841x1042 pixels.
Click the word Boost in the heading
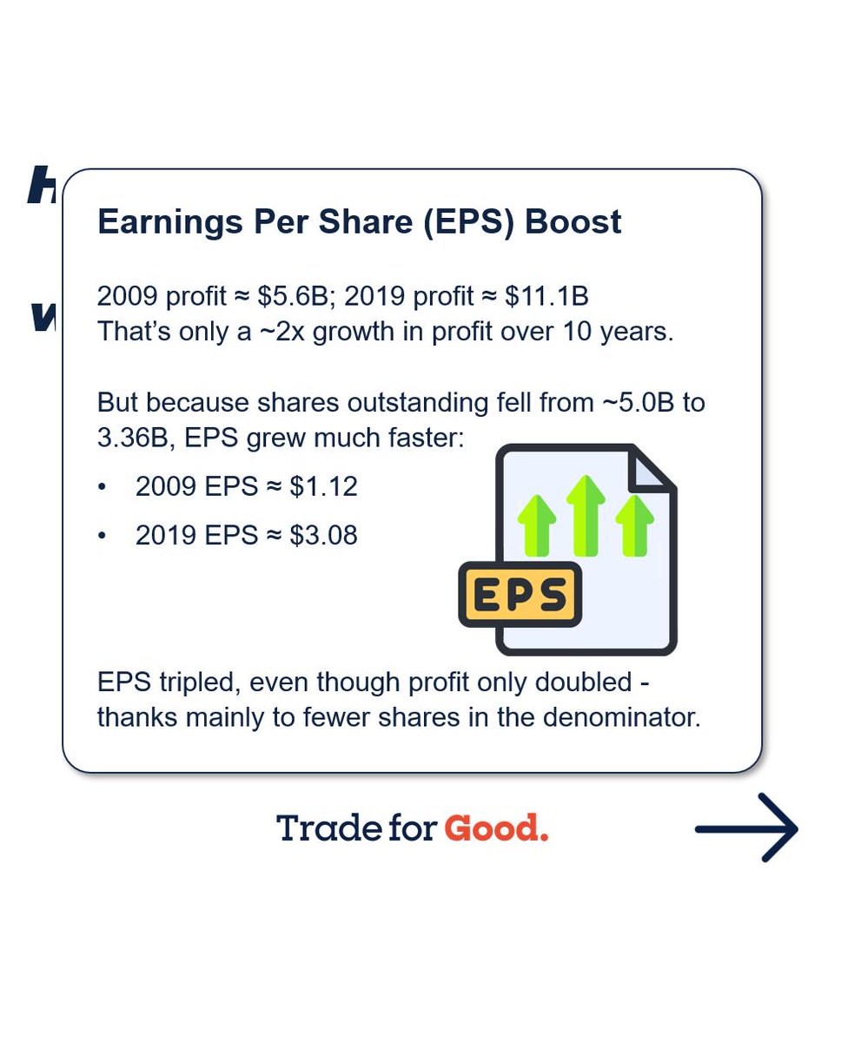coord(573,221)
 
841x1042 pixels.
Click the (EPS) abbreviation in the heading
coord(473,221)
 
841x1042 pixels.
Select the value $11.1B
coord(548,296)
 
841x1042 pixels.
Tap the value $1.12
coord(323,487)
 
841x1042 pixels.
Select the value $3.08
coord(323,536)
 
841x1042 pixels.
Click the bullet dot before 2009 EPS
coord(103,487)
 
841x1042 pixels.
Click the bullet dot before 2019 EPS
coord(103,536)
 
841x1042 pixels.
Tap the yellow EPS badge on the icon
coord(520,595)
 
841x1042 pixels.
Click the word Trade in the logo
coord(317,828)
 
